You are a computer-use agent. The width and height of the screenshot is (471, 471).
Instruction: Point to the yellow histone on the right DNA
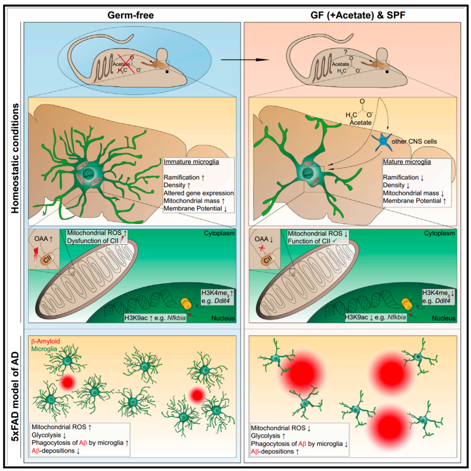point(406,303)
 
